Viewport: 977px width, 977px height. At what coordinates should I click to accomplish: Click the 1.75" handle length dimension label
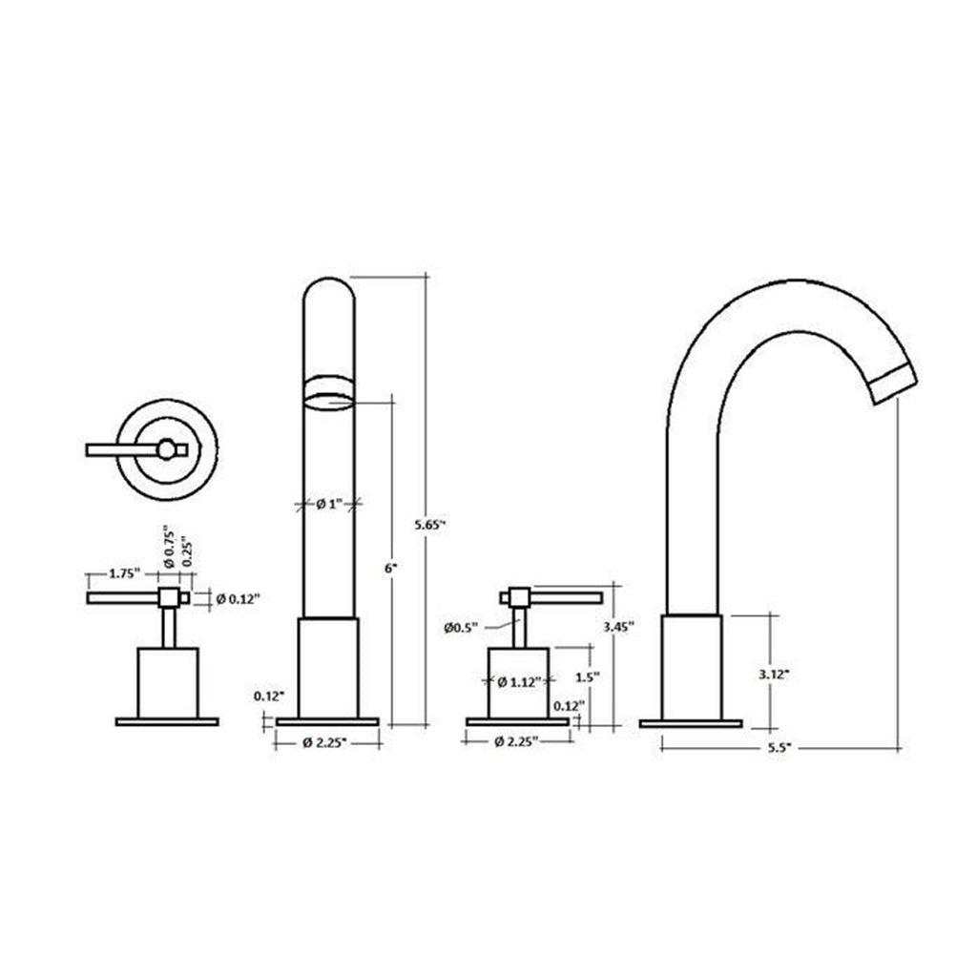[x=125, y=573]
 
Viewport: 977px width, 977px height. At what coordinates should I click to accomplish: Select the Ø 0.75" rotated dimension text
[x=170, y=551]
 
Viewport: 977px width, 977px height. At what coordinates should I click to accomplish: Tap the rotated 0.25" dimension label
[x=187, y=552]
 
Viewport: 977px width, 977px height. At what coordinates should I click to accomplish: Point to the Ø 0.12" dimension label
[x=238, y=599]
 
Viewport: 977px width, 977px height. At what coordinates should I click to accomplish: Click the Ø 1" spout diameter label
[x=329, y=504]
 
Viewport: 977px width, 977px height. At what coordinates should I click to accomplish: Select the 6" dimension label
[x=390, y=569]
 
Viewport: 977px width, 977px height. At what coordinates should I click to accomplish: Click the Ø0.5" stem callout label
[x=461, y=628]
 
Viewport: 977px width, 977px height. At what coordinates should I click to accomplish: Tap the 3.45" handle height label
[x=618, y=626]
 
